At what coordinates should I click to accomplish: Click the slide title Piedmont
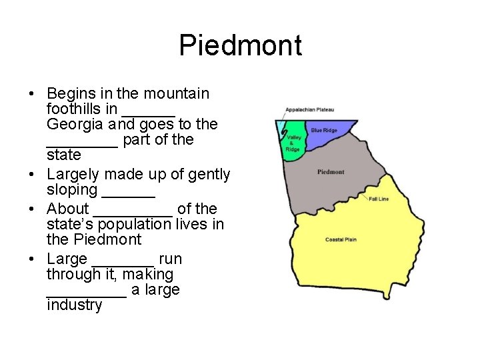[x=240, y=45]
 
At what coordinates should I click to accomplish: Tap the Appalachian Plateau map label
[x=309, y=109]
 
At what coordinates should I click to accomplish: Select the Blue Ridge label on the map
[x=325, y=131]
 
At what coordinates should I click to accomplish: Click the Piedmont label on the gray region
[x=331, y=172]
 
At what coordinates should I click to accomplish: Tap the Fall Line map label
[x=378, y=199]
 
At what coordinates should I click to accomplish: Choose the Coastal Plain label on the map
[x=341, y=239]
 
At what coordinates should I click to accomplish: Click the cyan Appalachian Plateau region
[x=280, y=130]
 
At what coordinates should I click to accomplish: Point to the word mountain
[x=177, y=93]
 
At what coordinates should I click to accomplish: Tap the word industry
[x=75, y=305]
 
